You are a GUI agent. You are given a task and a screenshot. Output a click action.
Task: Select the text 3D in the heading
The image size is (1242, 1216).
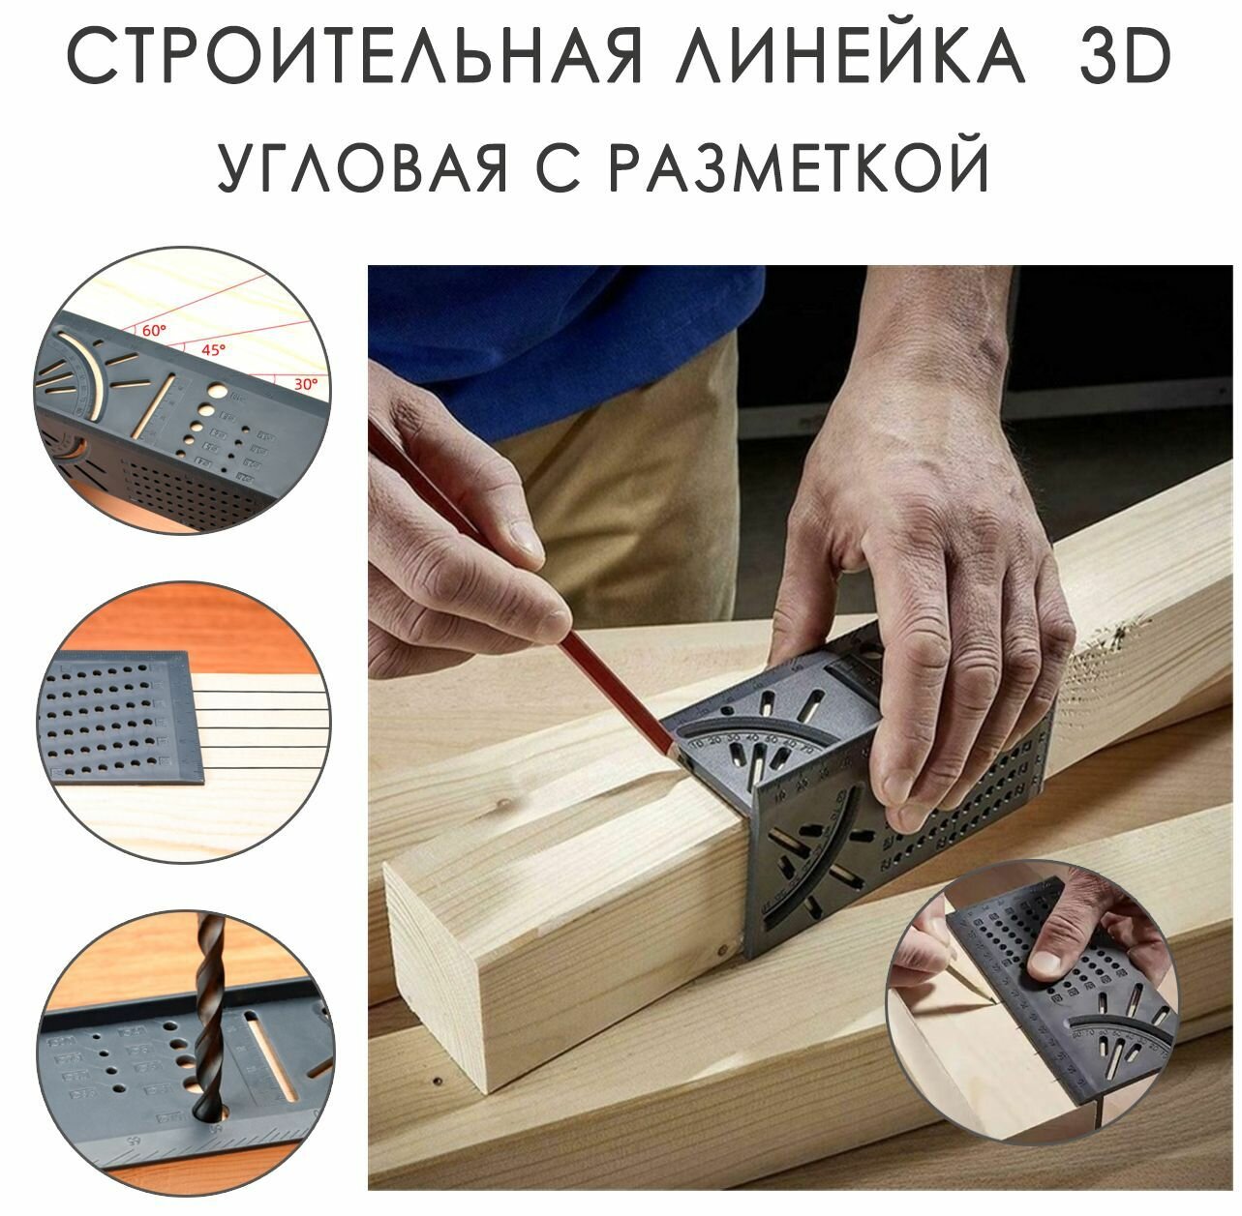[x=1123, y=60]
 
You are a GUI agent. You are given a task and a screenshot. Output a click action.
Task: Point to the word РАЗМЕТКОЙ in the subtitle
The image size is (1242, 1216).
[x=801, y=171]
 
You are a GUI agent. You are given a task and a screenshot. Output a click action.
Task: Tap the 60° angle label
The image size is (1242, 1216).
[x=154, y=330]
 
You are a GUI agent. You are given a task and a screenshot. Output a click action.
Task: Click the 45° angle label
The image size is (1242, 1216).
[x=213, y=349]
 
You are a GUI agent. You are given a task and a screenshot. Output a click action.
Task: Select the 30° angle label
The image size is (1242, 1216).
[x=306, y=383]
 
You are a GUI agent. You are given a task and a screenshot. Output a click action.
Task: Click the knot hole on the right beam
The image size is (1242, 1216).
[x=1123, y=634]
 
